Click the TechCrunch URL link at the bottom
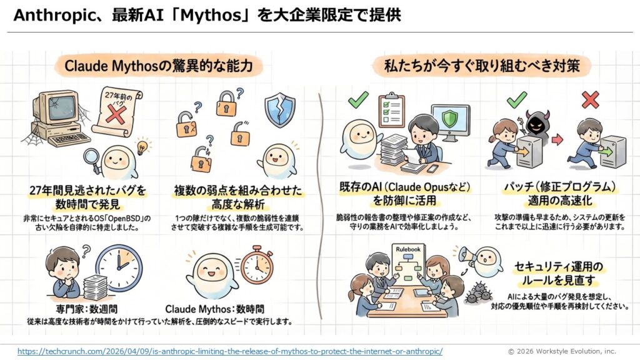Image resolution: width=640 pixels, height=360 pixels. click(x=230, y=351)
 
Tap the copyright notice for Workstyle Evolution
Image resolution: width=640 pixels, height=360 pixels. click(x=562, y=351)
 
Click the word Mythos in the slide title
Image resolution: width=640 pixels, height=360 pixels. click(x=211, y=16)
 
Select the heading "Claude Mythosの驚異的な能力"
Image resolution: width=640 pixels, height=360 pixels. click(x=158, y=66)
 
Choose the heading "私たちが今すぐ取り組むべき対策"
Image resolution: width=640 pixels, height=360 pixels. click(x=482, y=66)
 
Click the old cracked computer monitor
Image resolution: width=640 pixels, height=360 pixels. click(x=56, y=107)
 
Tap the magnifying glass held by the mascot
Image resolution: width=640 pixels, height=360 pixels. click(x=92, y=159)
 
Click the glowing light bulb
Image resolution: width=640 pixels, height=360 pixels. click(x=142, y=147)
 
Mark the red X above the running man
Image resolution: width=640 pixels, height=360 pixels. click(x=590, y=99)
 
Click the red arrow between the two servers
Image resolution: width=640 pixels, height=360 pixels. click(x=557, y=140)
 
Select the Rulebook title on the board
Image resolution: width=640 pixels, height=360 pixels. click(x=408, y=249)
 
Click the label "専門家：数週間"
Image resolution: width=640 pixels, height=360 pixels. click(x=86, y=309)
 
